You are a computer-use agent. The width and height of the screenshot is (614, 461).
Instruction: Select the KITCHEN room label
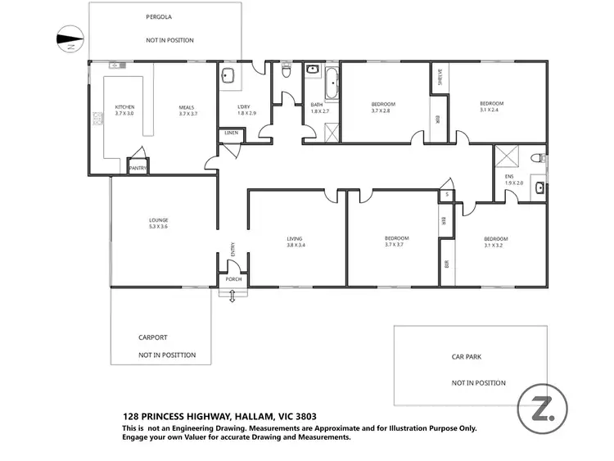[x=124, y=107]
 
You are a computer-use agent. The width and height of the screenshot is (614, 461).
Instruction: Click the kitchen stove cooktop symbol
[x=97, y=120]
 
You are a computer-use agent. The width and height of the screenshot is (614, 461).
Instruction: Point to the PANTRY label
[x=138, y=169]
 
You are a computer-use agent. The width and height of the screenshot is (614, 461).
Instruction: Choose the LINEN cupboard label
[x=230, y=133]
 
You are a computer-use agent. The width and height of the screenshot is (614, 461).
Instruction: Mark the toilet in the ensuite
[x=538, y=157]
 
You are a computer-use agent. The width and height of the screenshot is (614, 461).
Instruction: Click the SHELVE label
[x=440, y=76]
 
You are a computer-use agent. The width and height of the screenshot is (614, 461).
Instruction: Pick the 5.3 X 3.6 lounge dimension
[x=158, y=226]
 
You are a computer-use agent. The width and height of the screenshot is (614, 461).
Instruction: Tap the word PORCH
[x=233, y=279]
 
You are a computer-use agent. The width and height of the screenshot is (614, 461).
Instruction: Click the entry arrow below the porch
[x=233, y=296]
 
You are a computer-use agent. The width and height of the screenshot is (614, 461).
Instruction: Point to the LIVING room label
[x=296, y=239]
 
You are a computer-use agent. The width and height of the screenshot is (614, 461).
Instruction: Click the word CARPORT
[x=152, y=337]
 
